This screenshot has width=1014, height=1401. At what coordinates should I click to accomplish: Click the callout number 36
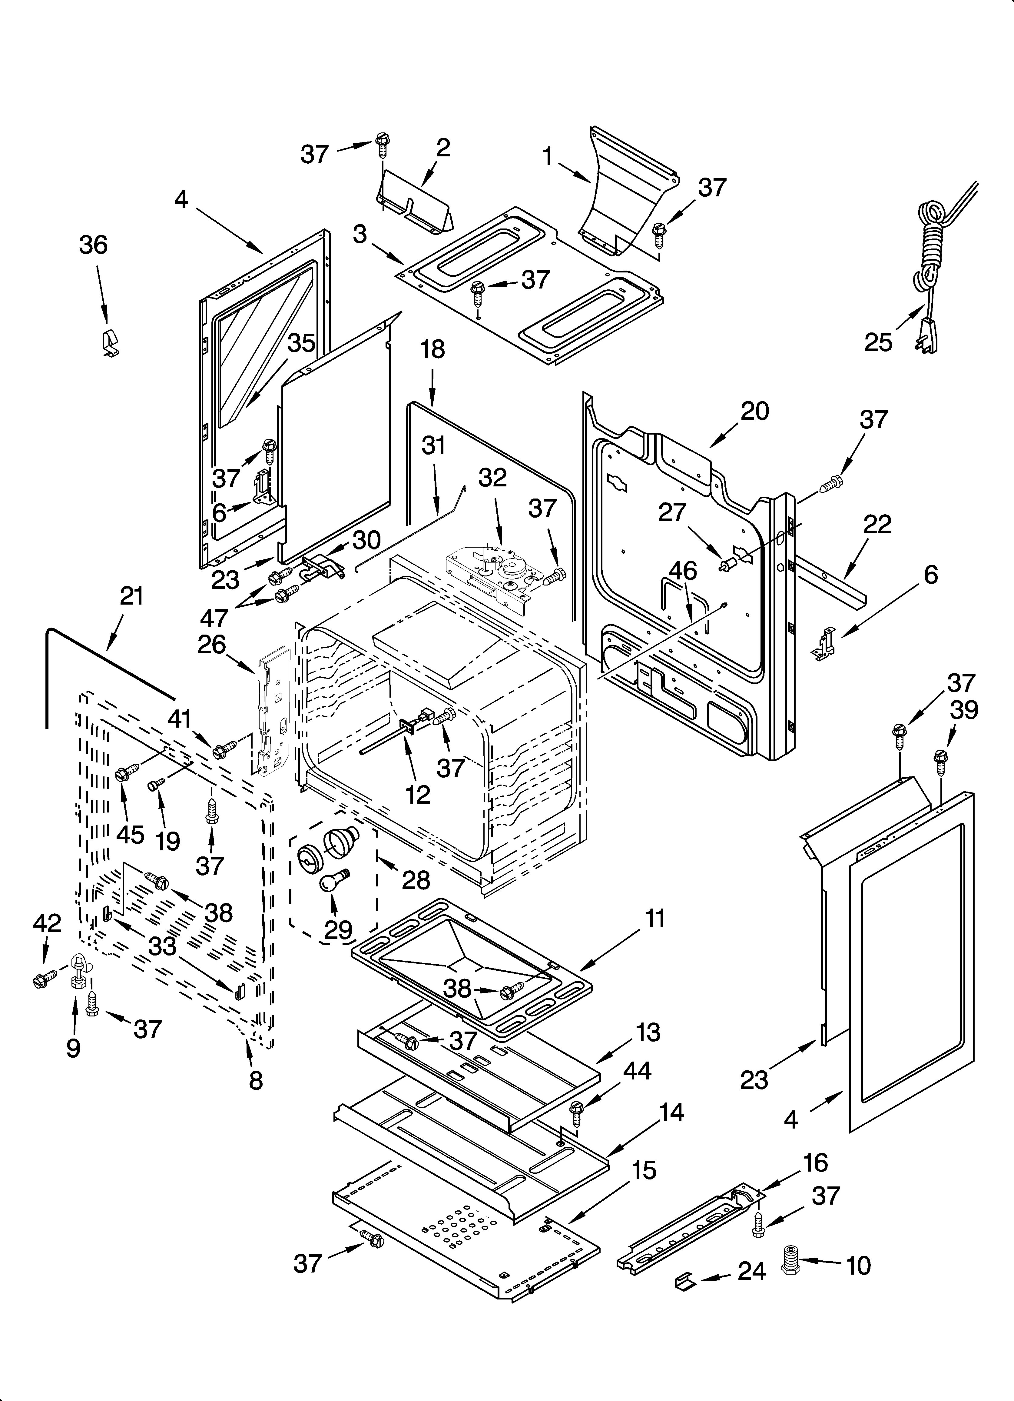point(93,245)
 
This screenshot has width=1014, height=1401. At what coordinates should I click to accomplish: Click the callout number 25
point(878,342)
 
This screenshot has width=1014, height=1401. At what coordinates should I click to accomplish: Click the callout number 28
point(416,880)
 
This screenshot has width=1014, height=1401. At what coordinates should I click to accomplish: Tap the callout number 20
point(755,411)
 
